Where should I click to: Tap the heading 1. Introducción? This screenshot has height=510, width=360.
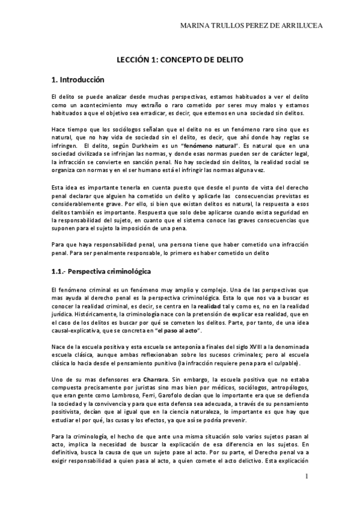pos(78,79)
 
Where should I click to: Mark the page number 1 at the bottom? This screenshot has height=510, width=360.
pos(307,477)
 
